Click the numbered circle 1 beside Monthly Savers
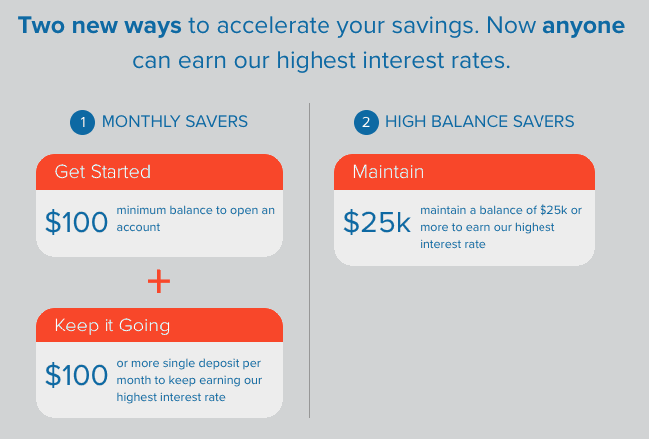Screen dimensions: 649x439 tap(82, 122)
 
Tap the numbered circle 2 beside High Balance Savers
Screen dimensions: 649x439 tap(366, 122)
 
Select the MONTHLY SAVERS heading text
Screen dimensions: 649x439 tap(174, 122)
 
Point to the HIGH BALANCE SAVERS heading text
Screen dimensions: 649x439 tap(480, 122)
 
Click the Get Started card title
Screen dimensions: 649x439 tap(103, 171)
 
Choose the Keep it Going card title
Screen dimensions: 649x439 tap(112, 326)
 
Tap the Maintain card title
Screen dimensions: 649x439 tap(388, 171)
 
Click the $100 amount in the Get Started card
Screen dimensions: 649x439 tap(77, 222)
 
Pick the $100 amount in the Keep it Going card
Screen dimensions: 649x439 tap(77, 375)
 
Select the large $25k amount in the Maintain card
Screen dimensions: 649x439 tap(377, 222)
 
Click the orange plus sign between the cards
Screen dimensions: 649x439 tap(159, 282)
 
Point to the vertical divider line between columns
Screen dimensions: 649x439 tap(309, 260)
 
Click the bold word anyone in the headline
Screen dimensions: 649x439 tap(583, 26)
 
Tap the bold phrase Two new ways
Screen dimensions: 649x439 tap(100, 25)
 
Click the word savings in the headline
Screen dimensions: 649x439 tap(435, 27)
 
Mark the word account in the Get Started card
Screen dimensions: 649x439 tap(138, 227)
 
